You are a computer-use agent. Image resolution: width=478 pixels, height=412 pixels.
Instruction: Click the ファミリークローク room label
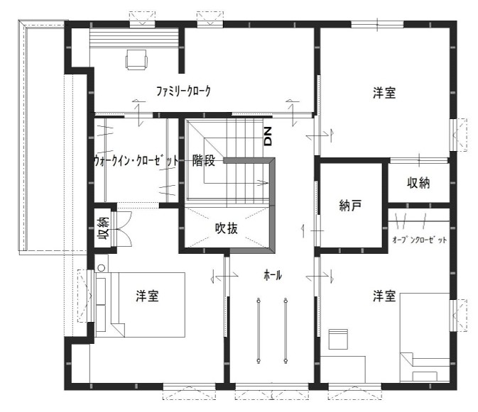coord(183,91)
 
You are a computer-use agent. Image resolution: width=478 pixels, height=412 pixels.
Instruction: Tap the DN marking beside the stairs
coord(268,136)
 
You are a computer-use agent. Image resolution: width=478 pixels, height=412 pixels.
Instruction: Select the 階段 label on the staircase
coord(204,161)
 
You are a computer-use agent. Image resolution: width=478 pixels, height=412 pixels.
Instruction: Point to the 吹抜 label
coord(226,228)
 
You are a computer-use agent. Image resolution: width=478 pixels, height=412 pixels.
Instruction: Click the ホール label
coord(273,275)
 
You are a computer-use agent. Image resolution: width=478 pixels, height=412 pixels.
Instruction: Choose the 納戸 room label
coord(351,206)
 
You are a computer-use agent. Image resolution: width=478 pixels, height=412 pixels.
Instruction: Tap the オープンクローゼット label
coord(420,240)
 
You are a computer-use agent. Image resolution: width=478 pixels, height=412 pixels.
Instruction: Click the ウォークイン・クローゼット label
coord(136,160)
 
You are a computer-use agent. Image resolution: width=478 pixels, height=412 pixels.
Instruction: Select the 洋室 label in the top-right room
coord(384,92)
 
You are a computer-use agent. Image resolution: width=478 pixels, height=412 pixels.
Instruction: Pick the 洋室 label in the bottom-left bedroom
coord(147,296)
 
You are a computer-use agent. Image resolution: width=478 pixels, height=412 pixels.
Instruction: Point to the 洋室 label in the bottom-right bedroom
coord(384,296)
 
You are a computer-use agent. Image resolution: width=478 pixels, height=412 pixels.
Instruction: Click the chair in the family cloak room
coord(136,60)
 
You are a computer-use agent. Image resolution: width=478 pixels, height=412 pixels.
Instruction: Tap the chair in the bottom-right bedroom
coord(338,339)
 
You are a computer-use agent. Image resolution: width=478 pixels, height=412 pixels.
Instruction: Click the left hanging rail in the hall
coord(259,330)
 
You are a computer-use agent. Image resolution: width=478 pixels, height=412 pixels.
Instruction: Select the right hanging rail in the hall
coord(286,330)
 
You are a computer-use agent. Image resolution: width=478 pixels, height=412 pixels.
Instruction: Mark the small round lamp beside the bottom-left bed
coord(102,268)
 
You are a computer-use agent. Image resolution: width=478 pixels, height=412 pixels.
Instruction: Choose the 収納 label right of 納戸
coord(418,182)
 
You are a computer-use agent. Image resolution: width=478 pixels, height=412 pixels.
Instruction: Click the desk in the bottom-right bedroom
coord(342,369)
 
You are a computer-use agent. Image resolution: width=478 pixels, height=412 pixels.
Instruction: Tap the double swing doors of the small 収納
coord(123,228)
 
